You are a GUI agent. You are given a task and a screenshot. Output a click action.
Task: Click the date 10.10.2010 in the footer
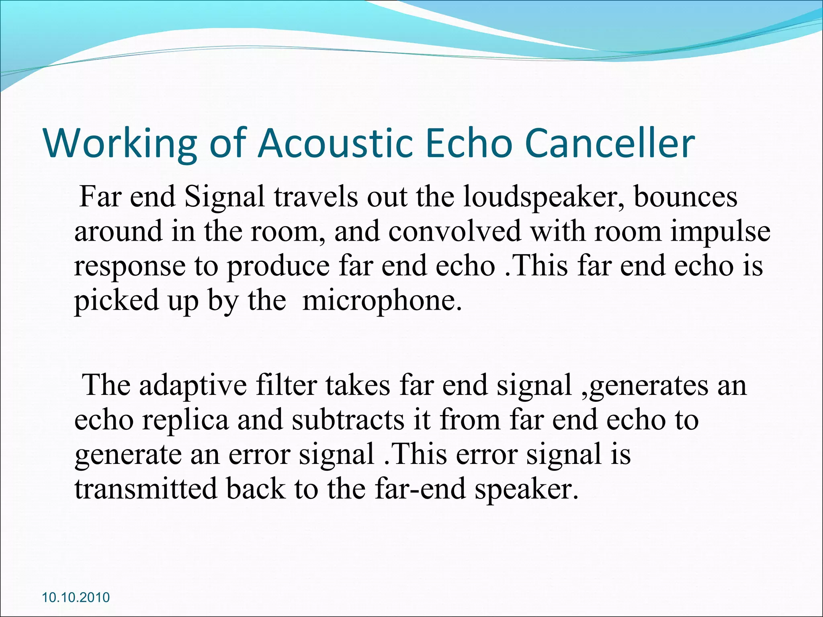click(76, 597)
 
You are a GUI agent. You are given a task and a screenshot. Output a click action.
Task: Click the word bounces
click(686, 197)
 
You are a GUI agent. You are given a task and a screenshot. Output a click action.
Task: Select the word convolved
click(454, 231)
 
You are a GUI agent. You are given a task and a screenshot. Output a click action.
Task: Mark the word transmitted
click(145, 488)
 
